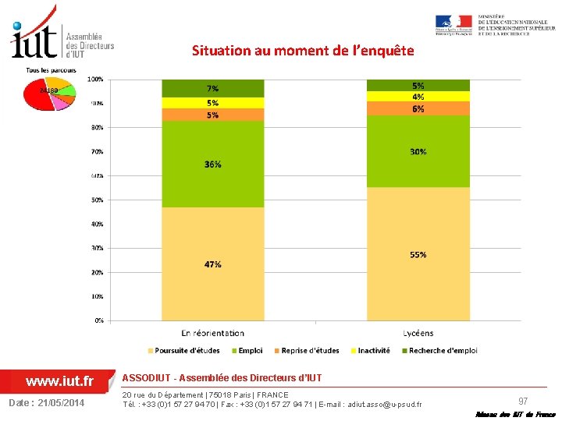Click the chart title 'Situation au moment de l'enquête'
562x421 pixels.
pyautogui.click(x=303, y=51)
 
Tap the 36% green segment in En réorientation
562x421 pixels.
pyautogui.click(x=212, y=164)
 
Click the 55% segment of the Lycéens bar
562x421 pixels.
pyautogui.click(x=418, y=254)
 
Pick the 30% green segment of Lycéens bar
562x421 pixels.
pyautogui.click(x=418, y=151)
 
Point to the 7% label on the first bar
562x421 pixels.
pyautogui.click(x=212, y=88)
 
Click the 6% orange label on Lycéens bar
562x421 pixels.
pyautogui.click(x=418, y=109)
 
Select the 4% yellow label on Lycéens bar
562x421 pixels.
pyautogui.click(x=418, y=97)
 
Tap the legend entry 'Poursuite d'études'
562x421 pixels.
pyautogui.click(x=187, y=351)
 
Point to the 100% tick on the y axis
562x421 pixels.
pyautogui.click(x=94, y=79)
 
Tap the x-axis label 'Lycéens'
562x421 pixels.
pyautogui.click(x=418, y=333)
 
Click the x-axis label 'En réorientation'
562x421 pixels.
pyautogui.click(x=212, y=333)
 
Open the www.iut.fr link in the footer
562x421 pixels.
pyautogui.click(x=59, y=381)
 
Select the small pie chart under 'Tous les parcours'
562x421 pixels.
pyautogui.click(x=48, y=94)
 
